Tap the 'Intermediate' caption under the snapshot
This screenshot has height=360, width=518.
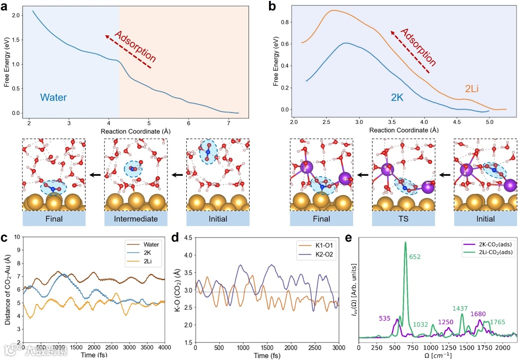click(x=135, y=219)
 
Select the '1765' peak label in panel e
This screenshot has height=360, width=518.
click(x=498, y=322)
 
